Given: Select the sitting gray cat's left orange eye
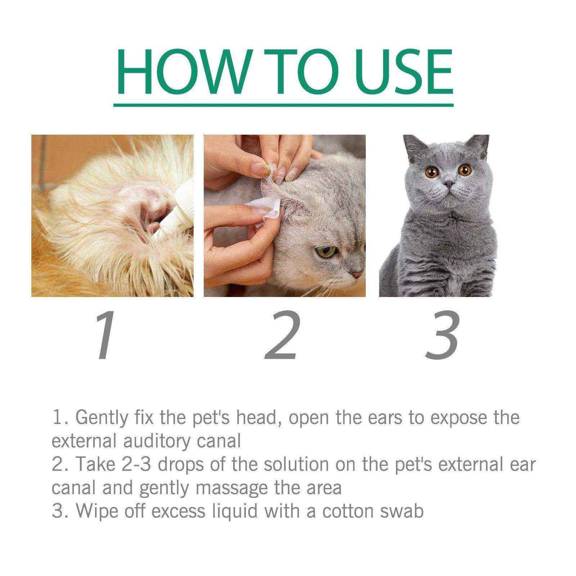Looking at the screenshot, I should pos(431,172).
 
